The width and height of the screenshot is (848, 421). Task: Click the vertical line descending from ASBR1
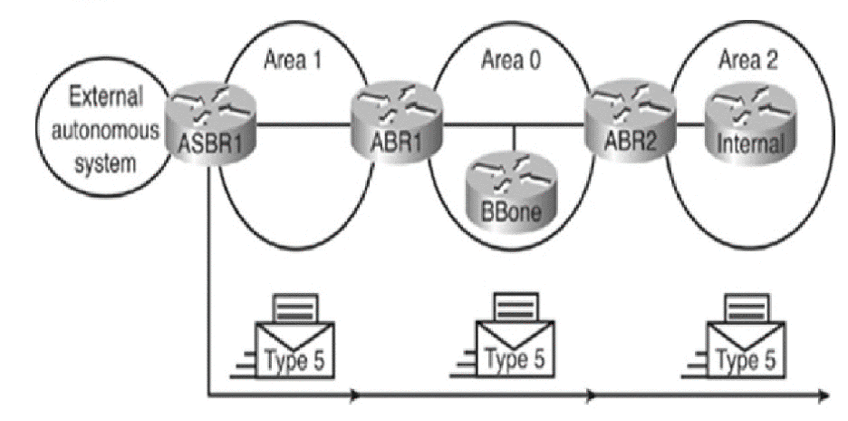coord(209,272)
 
